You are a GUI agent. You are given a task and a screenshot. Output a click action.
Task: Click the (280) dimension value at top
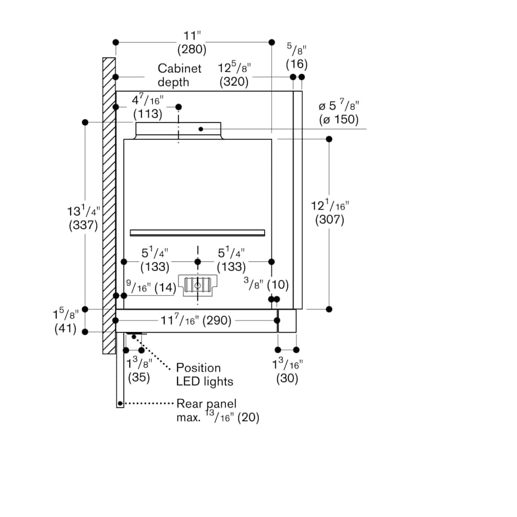192,49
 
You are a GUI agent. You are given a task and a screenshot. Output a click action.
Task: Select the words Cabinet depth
179,75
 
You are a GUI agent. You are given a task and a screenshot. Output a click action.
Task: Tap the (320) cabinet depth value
234,82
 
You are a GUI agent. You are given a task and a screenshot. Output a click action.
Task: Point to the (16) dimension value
297,64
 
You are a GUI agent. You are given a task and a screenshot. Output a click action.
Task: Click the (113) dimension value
148,114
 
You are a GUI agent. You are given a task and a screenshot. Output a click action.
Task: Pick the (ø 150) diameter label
338,119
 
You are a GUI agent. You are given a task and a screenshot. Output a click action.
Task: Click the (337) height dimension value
83,226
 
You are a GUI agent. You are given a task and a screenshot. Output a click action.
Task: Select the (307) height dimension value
330,219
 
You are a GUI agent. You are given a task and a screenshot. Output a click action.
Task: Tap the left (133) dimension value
155,267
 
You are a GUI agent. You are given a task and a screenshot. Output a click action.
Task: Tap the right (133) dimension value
232,267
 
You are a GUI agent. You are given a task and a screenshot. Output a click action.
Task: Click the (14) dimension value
165,288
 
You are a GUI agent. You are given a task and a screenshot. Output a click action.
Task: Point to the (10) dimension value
278,285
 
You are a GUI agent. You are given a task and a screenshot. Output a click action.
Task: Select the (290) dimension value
217,321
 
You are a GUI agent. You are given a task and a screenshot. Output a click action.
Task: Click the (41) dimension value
65,329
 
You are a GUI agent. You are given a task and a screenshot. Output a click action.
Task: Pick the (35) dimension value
139,377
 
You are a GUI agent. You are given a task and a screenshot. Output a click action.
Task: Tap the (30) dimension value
287,378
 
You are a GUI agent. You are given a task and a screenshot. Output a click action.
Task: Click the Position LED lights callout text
205,375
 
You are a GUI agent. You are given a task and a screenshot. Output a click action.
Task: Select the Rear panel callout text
207,404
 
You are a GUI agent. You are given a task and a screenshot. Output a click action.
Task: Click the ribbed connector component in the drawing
198,285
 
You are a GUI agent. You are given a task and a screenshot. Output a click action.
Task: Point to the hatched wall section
109,206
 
